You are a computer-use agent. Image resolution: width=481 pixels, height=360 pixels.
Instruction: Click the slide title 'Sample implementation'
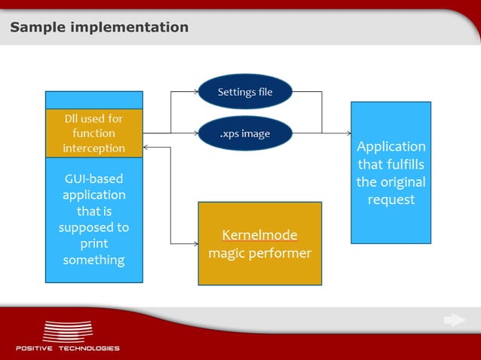[99, 28]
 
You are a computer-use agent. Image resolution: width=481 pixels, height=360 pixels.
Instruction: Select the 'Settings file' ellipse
[245, 92]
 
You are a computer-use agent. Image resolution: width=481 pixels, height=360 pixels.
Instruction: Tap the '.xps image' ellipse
[245, 134]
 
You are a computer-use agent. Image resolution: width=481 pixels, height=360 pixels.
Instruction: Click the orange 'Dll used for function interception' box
[94, 133]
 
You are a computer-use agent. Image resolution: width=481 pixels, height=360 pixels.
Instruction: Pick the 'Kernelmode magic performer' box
[259, 243]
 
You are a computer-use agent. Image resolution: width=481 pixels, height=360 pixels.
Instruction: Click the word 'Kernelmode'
[259, 234]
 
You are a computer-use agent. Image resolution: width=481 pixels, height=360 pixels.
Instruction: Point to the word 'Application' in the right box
[391, 146]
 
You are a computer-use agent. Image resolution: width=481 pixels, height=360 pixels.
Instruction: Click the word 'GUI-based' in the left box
[94, 178]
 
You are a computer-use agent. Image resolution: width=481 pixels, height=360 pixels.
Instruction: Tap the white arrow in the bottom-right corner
[454, 320]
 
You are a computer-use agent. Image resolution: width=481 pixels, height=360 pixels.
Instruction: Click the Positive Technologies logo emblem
[67, 331]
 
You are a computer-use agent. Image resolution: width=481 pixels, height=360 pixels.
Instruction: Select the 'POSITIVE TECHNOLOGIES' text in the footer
[67, 348]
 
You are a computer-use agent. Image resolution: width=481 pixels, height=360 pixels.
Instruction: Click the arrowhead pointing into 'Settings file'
[195, 92]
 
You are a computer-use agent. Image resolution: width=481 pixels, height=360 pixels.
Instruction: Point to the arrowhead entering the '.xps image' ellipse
[195, 134]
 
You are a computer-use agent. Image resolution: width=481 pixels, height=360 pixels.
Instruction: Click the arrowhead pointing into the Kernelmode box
[195, 243]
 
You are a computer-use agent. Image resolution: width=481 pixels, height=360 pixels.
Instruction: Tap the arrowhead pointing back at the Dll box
[147, 148]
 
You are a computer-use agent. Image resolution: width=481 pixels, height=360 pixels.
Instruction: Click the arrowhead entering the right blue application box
[348, 133]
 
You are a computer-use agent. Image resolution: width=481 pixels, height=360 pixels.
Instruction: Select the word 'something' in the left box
[94, 260]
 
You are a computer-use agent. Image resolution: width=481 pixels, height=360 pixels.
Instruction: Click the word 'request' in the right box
[391, 200]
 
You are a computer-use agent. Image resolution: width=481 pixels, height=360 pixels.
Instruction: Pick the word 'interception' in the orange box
[94, 148]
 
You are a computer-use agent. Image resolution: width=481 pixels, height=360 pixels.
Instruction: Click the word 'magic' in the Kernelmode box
[226, 253]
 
